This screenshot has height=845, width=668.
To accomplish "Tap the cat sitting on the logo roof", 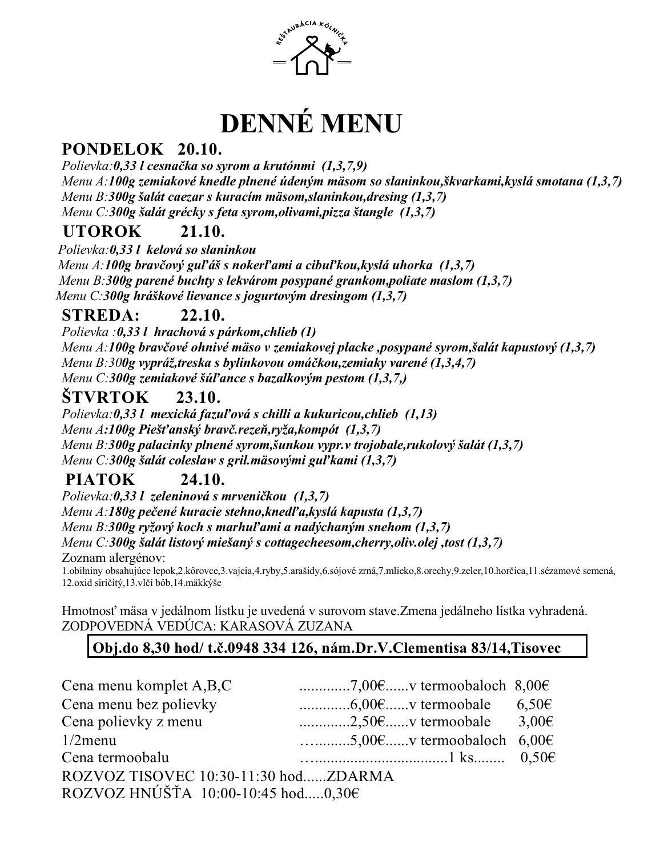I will [x=330, y=50].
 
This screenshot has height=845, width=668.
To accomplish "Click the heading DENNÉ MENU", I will [x=311, y=123].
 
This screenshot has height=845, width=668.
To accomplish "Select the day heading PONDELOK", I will [x=112, y=149].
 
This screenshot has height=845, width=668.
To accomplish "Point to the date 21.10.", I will [x=203, y=232].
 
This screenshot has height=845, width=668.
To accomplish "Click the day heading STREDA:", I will [x=100, y=315].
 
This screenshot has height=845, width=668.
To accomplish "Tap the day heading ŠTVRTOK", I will [x=105, y=397].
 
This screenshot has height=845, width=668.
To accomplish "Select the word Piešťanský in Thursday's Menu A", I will [x=167, y=429].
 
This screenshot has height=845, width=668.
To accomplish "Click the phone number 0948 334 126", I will [x=274, y=648].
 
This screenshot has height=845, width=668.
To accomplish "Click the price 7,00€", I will [x=368, y=685].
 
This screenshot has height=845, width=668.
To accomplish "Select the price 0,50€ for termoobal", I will [x=538, y=758].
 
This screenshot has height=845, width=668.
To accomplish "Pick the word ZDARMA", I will [x=361, y=776].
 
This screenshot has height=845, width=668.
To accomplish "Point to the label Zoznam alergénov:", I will [x=114, y=557].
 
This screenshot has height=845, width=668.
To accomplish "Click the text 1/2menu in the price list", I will [x=89, y=740].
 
